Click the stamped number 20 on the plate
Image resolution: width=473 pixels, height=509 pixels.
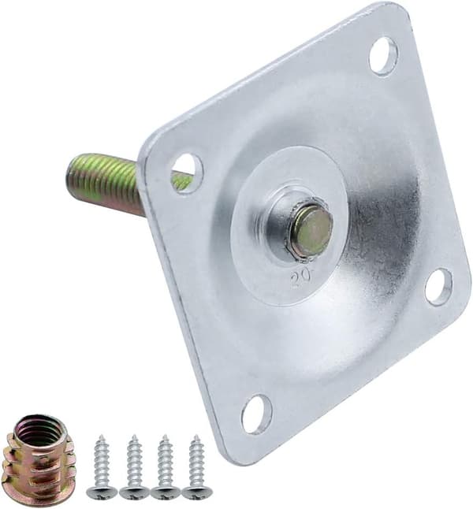pyautogui.click(x=301, y=277)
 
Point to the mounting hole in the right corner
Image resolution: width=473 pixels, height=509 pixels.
pyautogui.click(x=438, y=287)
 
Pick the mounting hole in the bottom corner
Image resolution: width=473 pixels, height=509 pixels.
pyautogui.click(x=257, y=414)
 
